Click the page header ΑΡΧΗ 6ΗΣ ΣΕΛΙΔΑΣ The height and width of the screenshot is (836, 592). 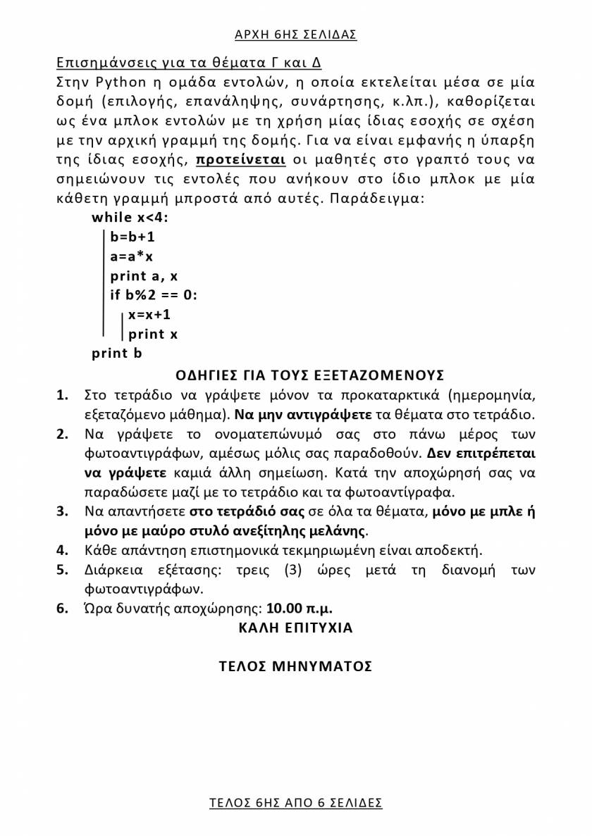point(295,34)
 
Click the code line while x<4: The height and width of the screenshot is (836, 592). point(130,218)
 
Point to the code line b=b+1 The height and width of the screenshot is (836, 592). point(132,237)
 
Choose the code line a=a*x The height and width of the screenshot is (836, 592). point(132,256)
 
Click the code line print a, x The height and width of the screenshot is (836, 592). point(144,276)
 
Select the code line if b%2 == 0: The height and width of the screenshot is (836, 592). point(154,295)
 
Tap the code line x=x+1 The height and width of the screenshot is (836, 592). point(149,315)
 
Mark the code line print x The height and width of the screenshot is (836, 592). point(153,334)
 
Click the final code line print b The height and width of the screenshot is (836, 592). point(116,354)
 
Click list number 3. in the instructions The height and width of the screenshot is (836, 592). point(63,512)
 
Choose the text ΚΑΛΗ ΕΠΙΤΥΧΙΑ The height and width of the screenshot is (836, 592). point(295,628)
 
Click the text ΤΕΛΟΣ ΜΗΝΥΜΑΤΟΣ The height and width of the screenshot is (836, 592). point(295,666)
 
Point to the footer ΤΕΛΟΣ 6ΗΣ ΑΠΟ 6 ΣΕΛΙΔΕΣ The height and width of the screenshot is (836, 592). point(295,802)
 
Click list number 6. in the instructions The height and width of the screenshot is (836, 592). point(63,608)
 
